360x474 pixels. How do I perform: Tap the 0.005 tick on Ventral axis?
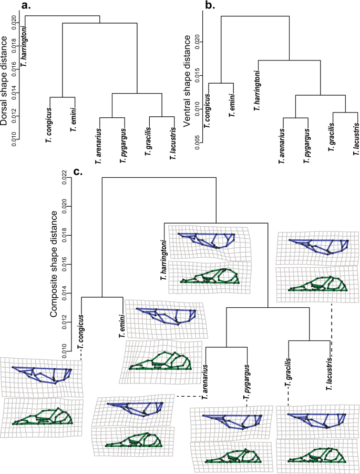194,141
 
